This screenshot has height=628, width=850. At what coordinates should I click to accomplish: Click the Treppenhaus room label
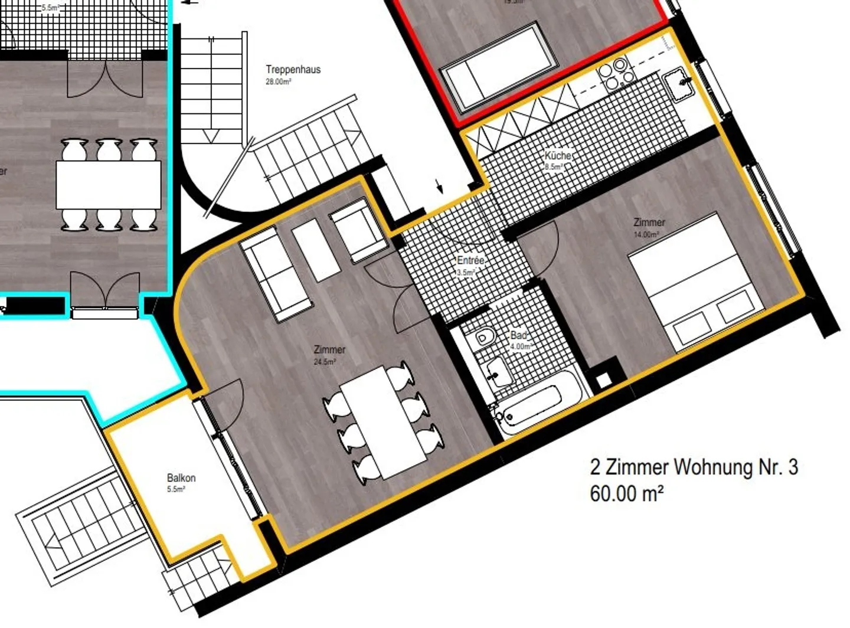coord(293,70)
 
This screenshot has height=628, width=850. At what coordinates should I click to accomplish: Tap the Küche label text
coord(557,156)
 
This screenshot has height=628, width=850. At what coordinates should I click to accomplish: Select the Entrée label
coord(470,260)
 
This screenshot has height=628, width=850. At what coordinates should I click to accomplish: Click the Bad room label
coord(518,335)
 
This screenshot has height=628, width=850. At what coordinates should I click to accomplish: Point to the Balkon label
coord(181,478)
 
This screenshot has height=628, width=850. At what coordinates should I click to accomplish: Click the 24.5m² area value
coord(325,362)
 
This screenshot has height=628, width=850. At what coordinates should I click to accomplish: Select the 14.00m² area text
coord(646,234)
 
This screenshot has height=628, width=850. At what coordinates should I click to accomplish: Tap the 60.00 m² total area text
coord(626,493)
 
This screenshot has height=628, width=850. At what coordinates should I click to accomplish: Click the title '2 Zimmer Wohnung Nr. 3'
coord(694,467)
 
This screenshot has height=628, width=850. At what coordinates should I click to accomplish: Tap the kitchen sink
coord(679,84)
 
